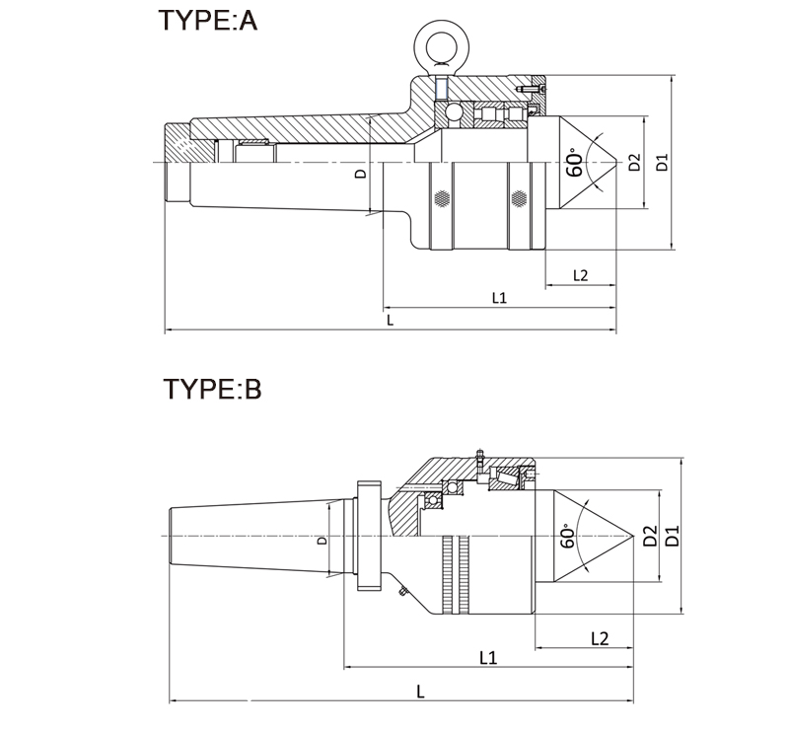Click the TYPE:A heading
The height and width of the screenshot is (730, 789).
(207, 21)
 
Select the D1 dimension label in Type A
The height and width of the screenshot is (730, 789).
(663, 162)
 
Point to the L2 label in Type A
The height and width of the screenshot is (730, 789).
(580, 275)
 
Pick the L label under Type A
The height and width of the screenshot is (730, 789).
(391, 321)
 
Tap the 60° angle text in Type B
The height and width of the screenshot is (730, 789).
(567, 536)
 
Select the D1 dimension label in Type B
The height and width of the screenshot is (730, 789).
(673, 537)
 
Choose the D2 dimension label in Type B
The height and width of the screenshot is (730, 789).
(649, 537)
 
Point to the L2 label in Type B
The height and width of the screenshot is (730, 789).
(599, 638)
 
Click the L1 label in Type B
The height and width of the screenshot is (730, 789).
(486, 657)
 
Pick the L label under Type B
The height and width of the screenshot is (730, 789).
(420, 692)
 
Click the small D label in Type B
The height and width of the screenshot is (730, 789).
(322, 541)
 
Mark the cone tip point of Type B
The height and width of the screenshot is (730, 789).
(631, 536)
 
